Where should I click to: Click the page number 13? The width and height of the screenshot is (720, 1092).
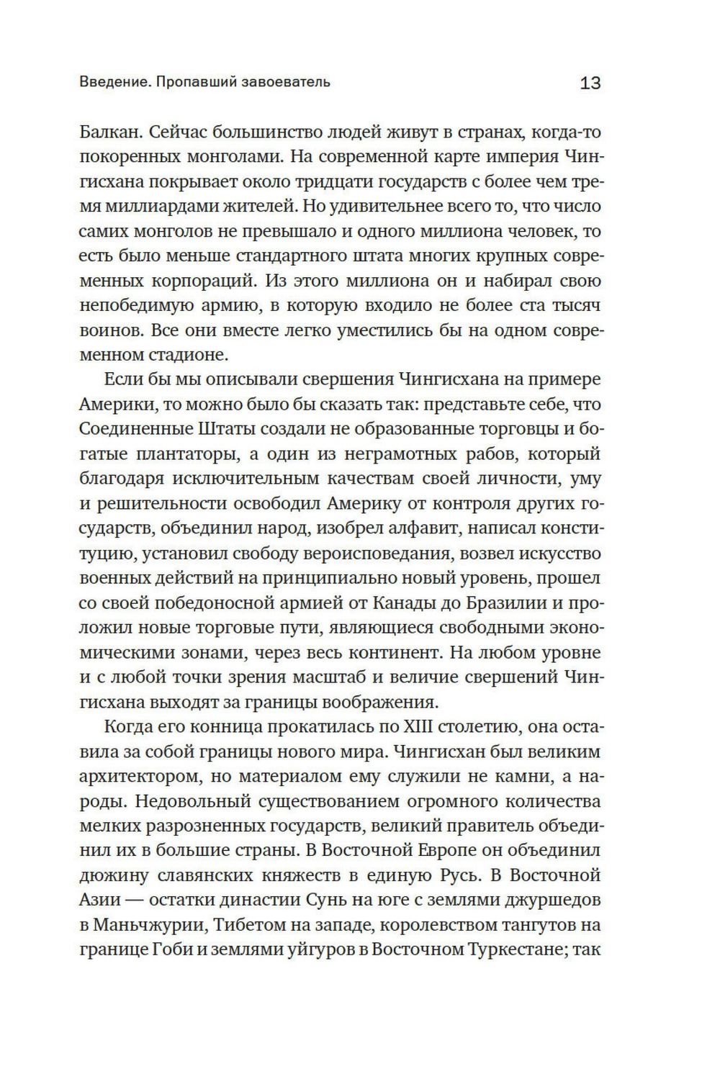tap(590, 83)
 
